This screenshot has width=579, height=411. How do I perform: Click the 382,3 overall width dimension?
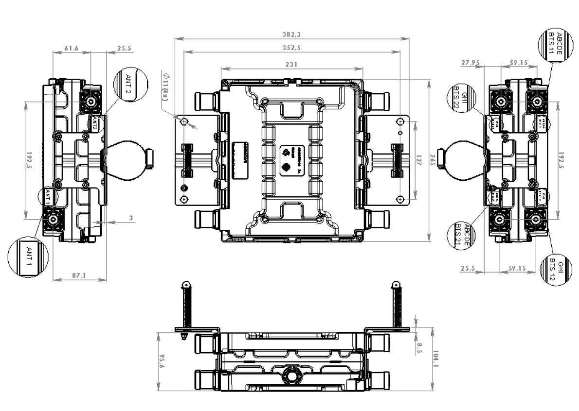pyautogui.click(x=291, y=34)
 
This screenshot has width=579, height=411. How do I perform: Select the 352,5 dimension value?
pyautogui.click(x=291, y=48)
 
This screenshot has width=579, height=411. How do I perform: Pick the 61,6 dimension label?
pyautogui.click(x=72, y=49)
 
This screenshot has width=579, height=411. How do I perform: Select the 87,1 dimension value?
pyautogui.click(x=78, y=275)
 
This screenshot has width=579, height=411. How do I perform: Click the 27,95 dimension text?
pyautogui.click(x=469, y=63)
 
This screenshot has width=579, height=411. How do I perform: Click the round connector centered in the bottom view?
pyautogui.click(x=291, y=375)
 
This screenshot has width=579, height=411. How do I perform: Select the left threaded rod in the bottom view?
pyautogui.click(x=185, y=306)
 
